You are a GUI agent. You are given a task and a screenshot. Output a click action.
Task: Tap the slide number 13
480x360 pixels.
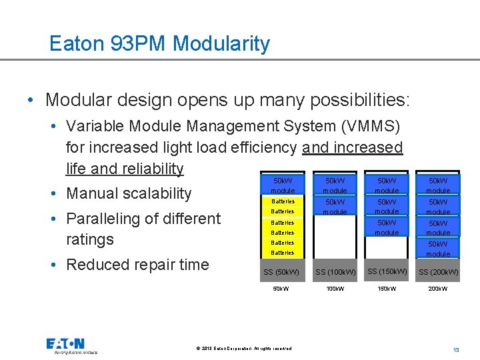coord(456,350)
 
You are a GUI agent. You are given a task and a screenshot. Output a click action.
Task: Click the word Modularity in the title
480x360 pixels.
coord(221,44)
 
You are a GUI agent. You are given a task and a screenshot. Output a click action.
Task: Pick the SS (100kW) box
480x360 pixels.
coord(335,272)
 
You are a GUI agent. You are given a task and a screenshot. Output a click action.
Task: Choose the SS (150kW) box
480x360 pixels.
coord(387,271)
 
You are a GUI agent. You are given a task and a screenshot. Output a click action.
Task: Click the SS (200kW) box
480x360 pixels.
coord(438,272)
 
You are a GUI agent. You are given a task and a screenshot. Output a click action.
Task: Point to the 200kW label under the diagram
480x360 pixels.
coord(438,289)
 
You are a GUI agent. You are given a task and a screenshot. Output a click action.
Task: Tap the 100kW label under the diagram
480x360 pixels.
coord(335,289)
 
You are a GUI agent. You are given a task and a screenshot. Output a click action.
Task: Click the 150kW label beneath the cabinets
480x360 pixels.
coord(387,289)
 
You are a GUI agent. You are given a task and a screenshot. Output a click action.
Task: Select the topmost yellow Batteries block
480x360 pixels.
coord(282,201)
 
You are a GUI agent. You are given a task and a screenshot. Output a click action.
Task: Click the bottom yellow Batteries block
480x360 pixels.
coord(282,253)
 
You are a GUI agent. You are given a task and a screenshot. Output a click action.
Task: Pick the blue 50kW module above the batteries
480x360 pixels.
coord(282,185)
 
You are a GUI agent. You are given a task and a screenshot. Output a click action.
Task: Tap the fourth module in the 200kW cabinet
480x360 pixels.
coord(438,249)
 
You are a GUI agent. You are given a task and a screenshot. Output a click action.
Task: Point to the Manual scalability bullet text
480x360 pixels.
coord(129,193)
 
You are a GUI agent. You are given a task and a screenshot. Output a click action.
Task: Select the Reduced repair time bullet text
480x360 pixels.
coord(137,265)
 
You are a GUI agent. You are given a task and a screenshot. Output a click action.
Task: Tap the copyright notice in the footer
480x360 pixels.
coord(244,348)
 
